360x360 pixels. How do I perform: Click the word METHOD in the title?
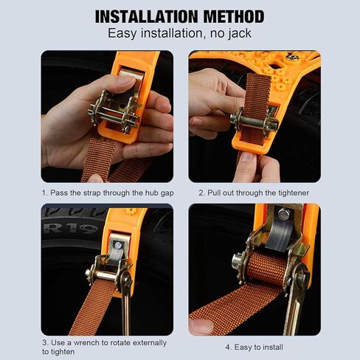pos(229,16)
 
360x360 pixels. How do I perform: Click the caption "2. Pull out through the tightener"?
pos(254,193)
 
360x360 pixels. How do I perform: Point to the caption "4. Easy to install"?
pos(254,347)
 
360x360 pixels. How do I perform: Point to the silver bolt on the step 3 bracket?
pos(117,245)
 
